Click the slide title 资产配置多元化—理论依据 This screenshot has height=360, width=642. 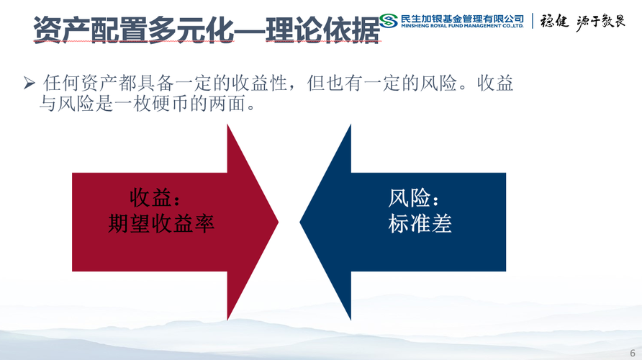point(207,30)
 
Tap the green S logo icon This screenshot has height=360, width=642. point(388,20)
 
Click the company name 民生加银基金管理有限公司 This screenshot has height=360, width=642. point(462,19)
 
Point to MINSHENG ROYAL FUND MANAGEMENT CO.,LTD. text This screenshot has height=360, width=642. point(462,26)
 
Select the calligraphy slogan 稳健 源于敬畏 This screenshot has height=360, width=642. point(582,21)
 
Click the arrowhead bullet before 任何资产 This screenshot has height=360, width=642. point(29,83)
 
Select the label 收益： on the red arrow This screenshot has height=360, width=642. point(155,198)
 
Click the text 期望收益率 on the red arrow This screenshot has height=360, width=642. point(161,224)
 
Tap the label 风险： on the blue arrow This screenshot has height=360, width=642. point(414,198)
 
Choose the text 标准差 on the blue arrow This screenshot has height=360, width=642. point(420,224)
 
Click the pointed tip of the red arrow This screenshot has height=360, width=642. point(278,222)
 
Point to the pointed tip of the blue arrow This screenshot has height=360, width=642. point(300,222)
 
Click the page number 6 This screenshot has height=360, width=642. point(633,353)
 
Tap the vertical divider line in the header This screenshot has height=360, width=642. point(533,21)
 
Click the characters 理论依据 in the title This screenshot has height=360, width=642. point(323,30)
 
